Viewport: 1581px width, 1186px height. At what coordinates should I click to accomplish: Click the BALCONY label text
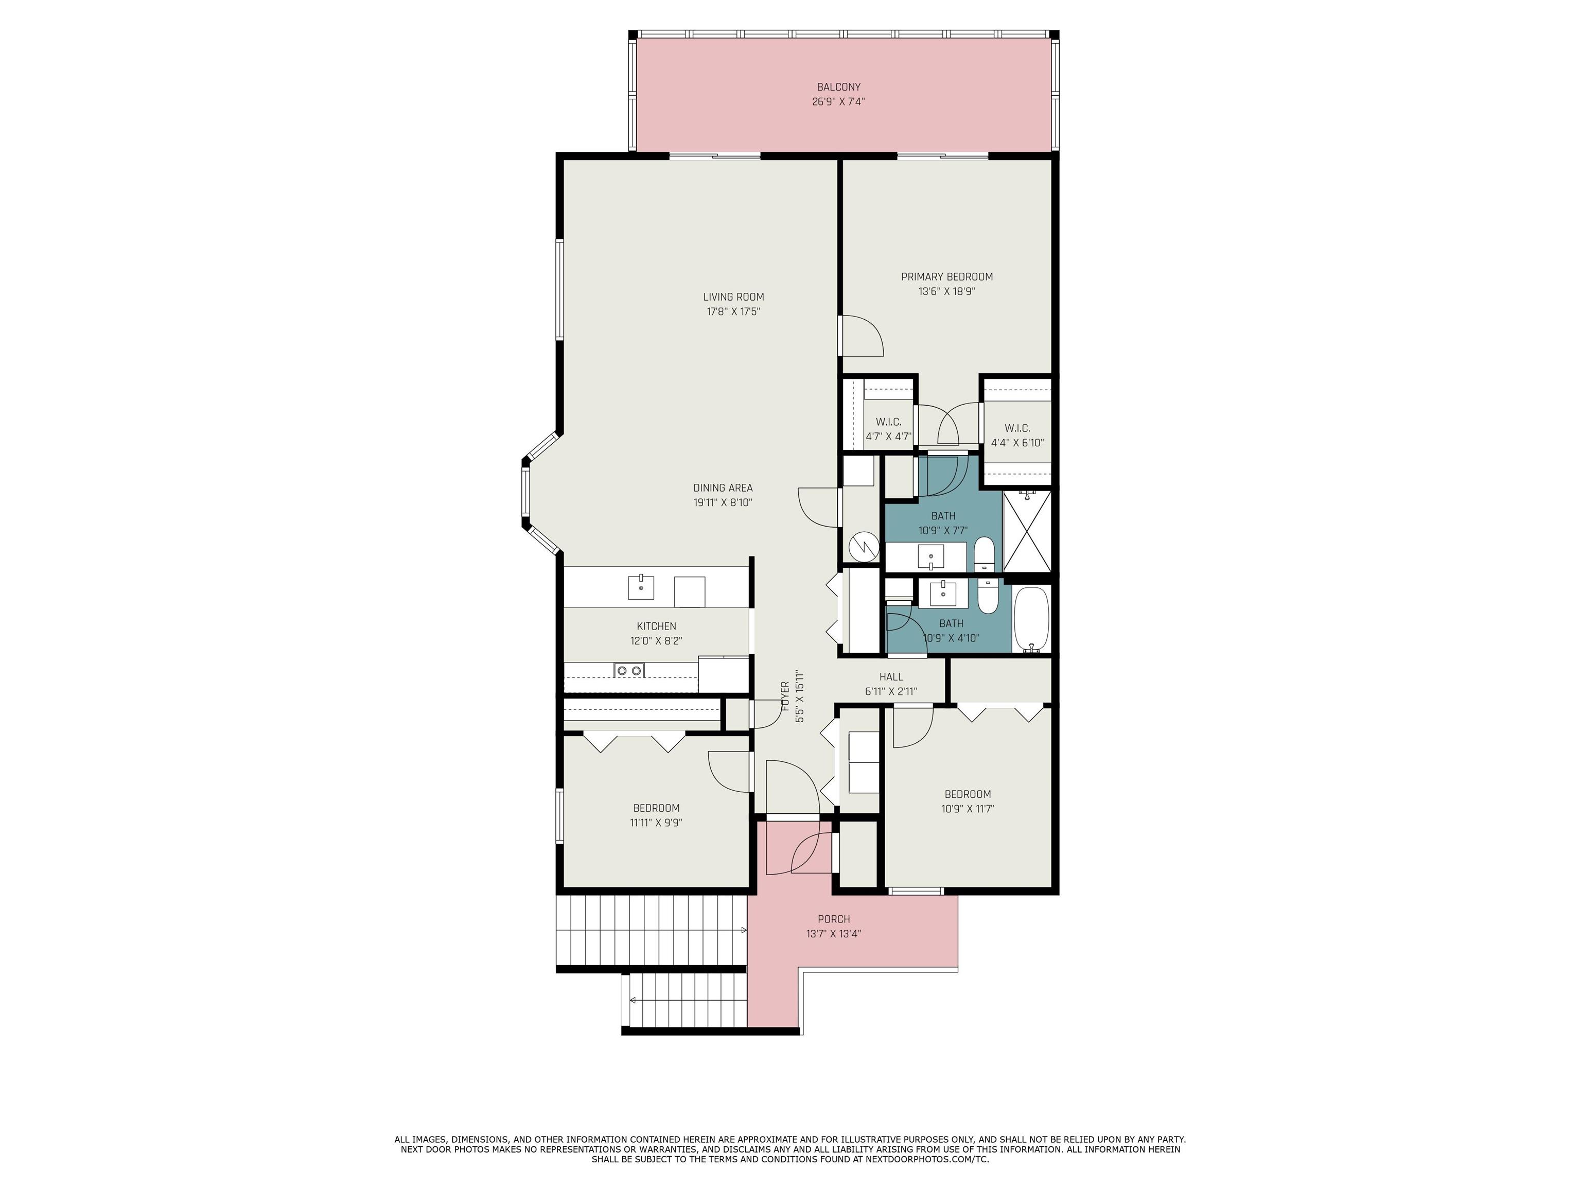[x=838, y=87]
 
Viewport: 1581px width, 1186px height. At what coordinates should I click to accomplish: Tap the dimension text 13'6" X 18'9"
[x=947, y=292]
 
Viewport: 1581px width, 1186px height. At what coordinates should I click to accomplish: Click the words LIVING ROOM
[x=733, y=296]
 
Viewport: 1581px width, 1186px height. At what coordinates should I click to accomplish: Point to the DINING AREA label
[x=723, y=487]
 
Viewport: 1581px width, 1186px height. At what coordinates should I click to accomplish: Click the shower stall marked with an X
[x=1028, y=531]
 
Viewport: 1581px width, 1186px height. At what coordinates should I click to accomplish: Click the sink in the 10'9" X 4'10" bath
[x=943, y=592]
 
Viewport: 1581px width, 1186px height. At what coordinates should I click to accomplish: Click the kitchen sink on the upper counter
[x=141, y=586]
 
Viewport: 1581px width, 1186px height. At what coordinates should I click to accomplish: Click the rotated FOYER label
[x=785, y=695]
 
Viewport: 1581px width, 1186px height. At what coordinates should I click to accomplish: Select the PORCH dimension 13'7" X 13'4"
[x=833, y=934]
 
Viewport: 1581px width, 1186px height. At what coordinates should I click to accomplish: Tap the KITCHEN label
[x=656, y=626]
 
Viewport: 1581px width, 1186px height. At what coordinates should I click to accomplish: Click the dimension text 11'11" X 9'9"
[x=656, y=823]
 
